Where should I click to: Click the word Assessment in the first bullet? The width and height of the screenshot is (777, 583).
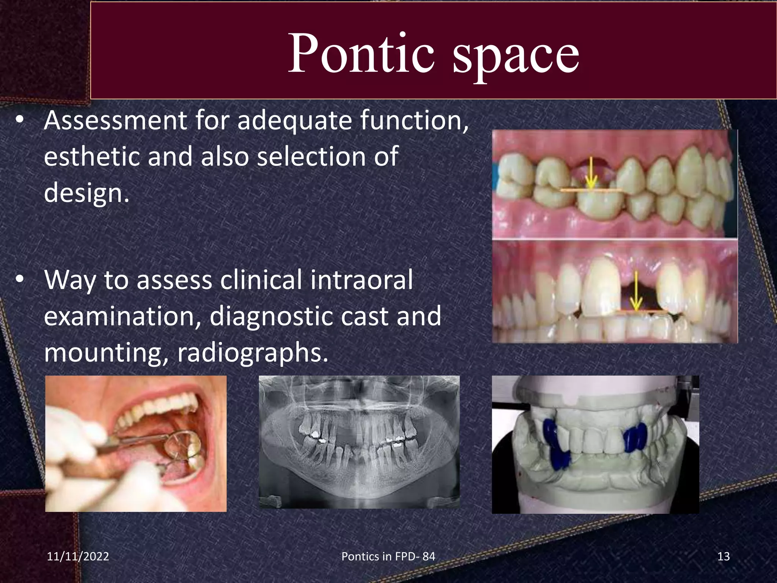115,121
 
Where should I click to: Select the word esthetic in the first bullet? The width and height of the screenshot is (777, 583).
91,156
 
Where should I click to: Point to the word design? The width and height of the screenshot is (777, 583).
87,193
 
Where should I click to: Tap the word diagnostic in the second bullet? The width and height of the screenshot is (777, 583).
271,316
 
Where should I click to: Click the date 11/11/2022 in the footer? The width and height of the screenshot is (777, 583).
78,556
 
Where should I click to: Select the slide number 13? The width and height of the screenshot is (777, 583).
724,556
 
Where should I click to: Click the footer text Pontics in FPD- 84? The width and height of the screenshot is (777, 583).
388,556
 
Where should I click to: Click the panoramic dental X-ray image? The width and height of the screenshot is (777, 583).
359,442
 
